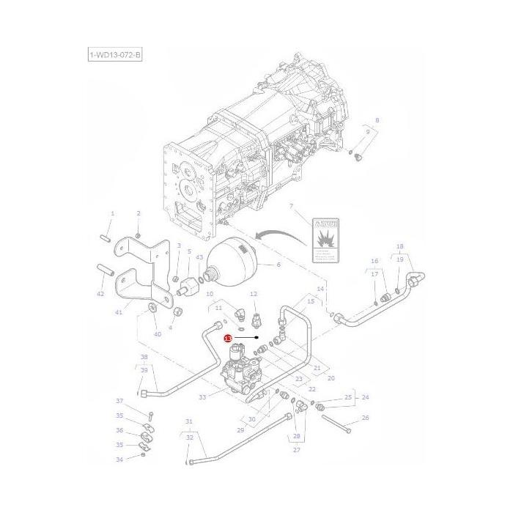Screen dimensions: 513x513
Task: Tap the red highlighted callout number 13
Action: coord(228,339)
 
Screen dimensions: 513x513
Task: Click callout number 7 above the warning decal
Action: coord(291,207)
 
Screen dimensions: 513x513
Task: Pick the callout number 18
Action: coord(399,247)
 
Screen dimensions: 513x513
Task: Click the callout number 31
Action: coord(188,421)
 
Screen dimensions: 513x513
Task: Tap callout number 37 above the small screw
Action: coord(119,401)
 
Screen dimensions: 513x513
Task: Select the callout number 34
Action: coord(119,460)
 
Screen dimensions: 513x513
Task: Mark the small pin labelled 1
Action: coord(105,238)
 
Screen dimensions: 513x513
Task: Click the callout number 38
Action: coord(144,357)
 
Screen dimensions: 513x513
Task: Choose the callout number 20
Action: coord(331,378)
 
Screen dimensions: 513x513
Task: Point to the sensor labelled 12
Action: coord(254,320)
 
